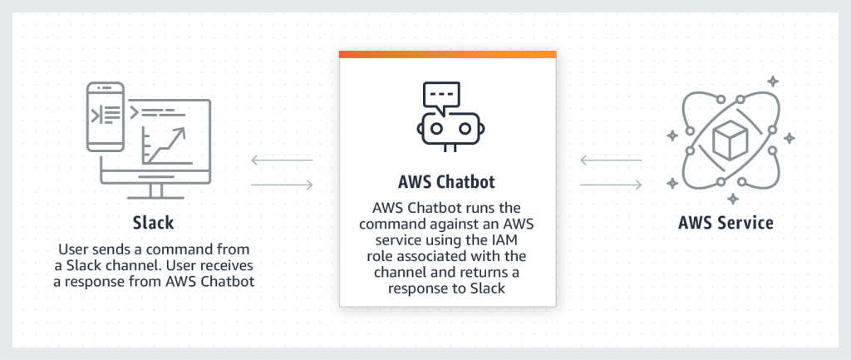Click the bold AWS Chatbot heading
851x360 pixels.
coord(447,180)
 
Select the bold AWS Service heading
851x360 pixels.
coord(726,224)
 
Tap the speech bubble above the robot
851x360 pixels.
coord(440,96)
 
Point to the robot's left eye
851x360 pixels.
coord(435,128)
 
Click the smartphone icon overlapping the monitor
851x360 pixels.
coord(106,116)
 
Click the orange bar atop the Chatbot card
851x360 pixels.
coord(447,54)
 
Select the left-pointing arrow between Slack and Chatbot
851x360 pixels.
coord(282,160)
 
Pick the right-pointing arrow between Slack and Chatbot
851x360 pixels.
coord(282,185)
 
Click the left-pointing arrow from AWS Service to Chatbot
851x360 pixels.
coord(611,160)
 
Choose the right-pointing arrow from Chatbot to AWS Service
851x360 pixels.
coord(611,185)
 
